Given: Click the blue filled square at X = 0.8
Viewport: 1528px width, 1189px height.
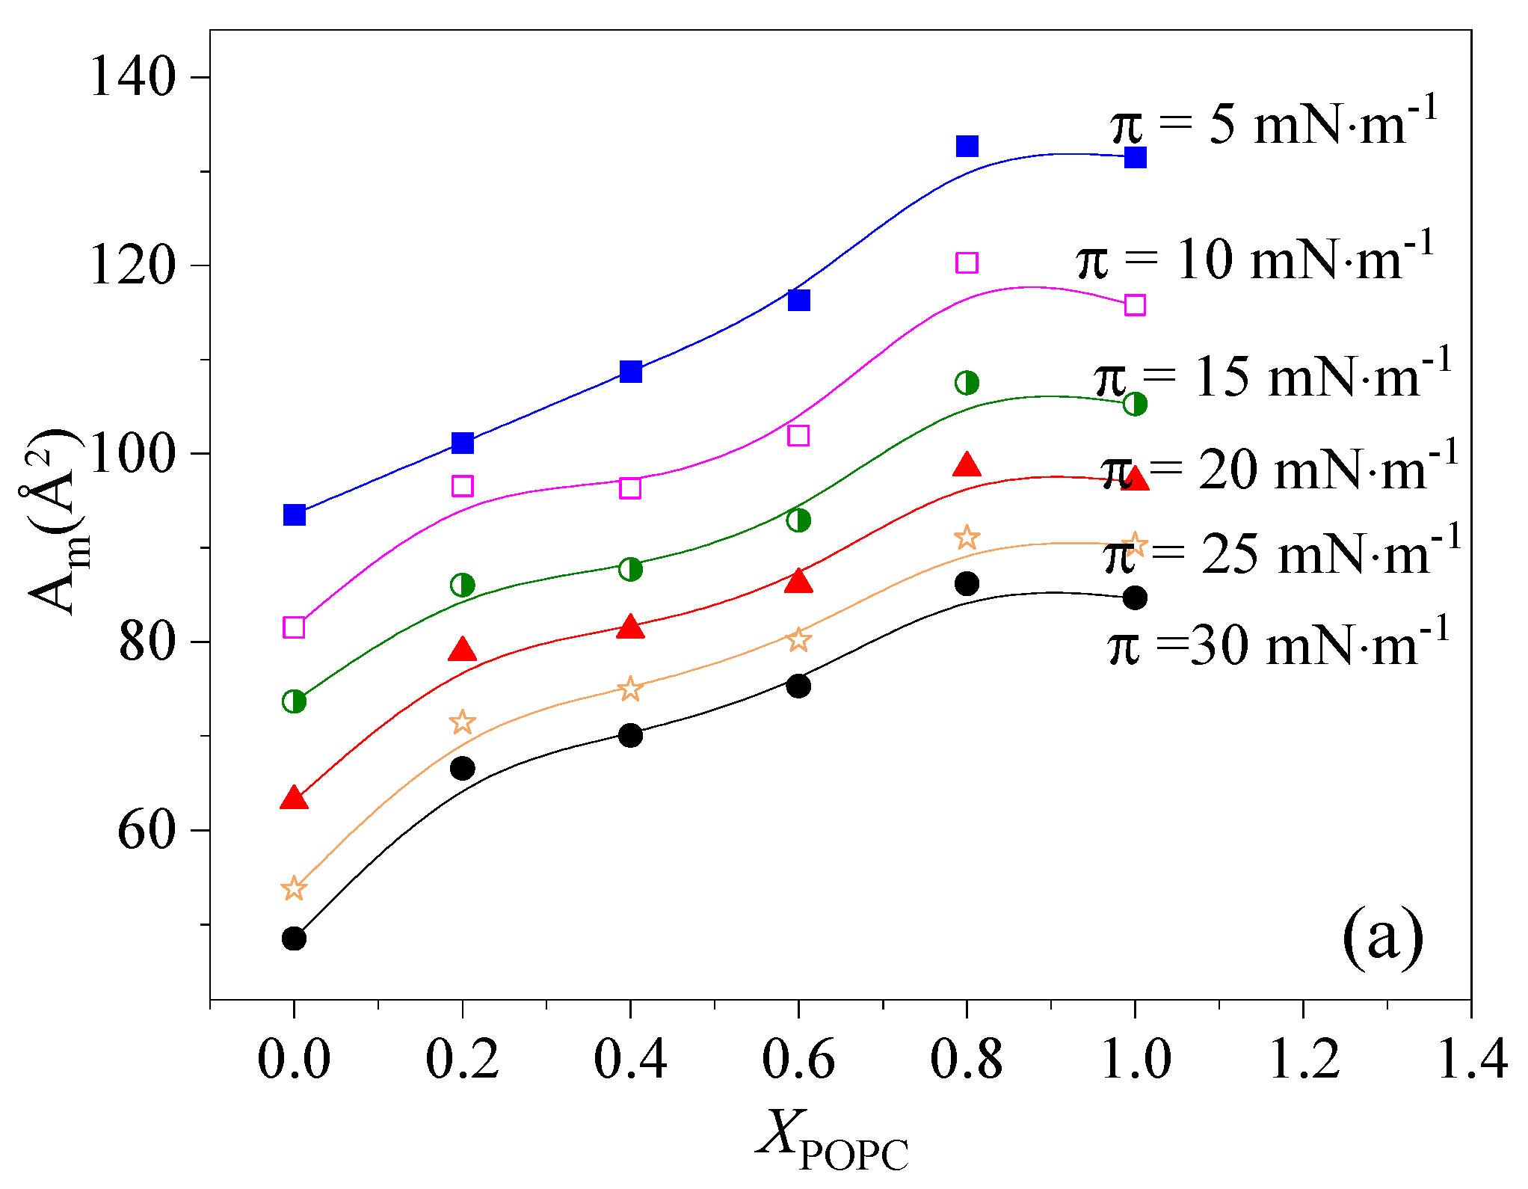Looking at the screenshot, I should click(x=967, y=146).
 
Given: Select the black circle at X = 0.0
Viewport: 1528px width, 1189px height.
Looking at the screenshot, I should click(x=294, y=938).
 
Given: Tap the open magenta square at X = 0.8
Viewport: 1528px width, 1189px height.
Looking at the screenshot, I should click(x=967, y=262).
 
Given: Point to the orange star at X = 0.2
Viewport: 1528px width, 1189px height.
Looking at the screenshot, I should click(x=463, y=722).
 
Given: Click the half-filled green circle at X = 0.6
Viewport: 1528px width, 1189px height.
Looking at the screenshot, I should click(x=798, y=520).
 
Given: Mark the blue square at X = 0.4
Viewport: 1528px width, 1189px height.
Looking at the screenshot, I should click(x=631, y=371).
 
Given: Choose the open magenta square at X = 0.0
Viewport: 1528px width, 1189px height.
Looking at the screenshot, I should click(x=294, y=627).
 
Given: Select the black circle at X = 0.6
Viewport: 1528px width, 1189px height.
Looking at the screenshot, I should click(x=798, y=686).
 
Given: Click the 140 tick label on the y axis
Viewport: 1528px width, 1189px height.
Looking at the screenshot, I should click(x=132, y=77).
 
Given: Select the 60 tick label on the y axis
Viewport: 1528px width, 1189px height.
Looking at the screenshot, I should click(x=146, y=830).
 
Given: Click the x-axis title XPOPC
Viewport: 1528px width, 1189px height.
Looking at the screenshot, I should click(x=832, y=1144).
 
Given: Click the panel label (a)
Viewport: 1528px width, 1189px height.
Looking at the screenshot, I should click(x=1383, y=936).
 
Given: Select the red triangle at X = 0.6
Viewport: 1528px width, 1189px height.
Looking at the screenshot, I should click(x=798, y=581).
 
